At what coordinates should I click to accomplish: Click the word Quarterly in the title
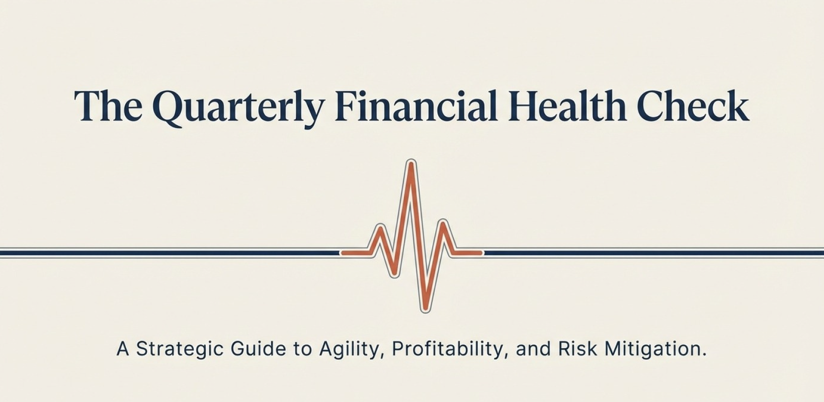pos(238,108)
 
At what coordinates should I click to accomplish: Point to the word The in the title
pos(108,106)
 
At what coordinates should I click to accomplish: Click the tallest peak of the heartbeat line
pos(411,163)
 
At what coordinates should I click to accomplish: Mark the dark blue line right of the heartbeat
pos(653,253)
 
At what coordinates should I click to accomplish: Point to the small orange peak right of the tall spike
pos(443,222)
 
